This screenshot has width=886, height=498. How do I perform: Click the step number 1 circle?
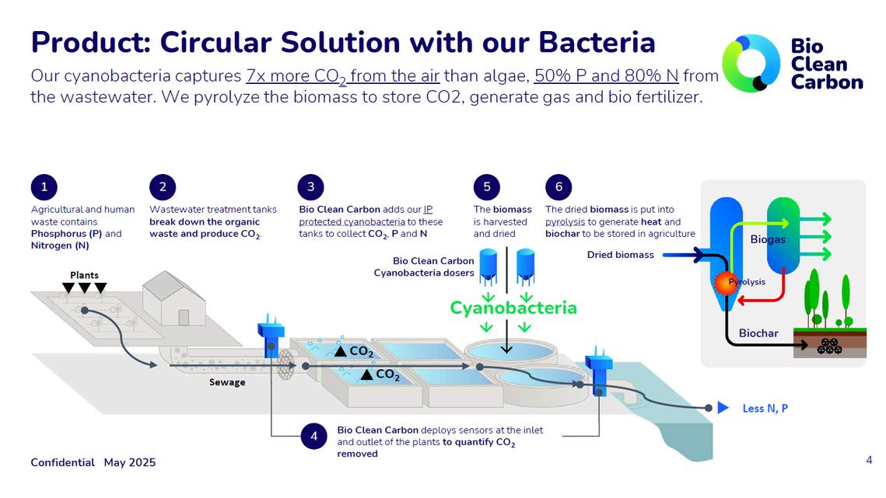[44, 186]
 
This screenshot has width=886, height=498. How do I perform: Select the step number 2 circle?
[163, 186]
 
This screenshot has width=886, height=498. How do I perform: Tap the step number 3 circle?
[311, 186]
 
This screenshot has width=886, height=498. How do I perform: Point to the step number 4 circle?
[313, 437]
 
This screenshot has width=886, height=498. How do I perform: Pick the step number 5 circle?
[486, 186]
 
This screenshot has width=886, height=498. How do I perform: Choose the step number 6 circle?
[559, 186]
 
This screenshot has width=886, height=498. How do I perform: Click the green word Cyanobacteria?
[513, 308]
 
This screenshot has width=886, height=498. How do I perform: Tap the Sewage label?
[227, 382]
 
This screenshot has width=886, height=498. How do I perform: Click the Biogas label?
[768, 239]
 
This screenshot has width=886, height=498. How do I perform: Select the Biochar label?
[758, 333]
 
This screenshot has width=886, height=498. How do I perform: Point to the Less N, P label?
[765, 408]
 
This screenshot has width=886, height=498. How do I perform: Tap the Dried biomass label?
[620, 254]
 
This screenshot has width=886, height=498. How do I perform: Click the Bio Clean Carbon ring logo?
[751, 63]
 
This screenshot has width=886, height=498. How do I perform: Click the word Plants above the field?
[84, 275]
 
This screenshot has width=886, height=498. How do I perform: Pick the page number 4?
[869, 461]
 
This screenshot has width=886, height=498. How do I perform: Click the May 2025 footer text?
[130, 462]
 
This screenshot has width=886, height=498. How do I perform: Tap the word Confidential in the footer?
[62, 462]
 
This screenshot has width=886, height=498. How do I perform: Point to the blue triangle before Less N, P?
[723, 408]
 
